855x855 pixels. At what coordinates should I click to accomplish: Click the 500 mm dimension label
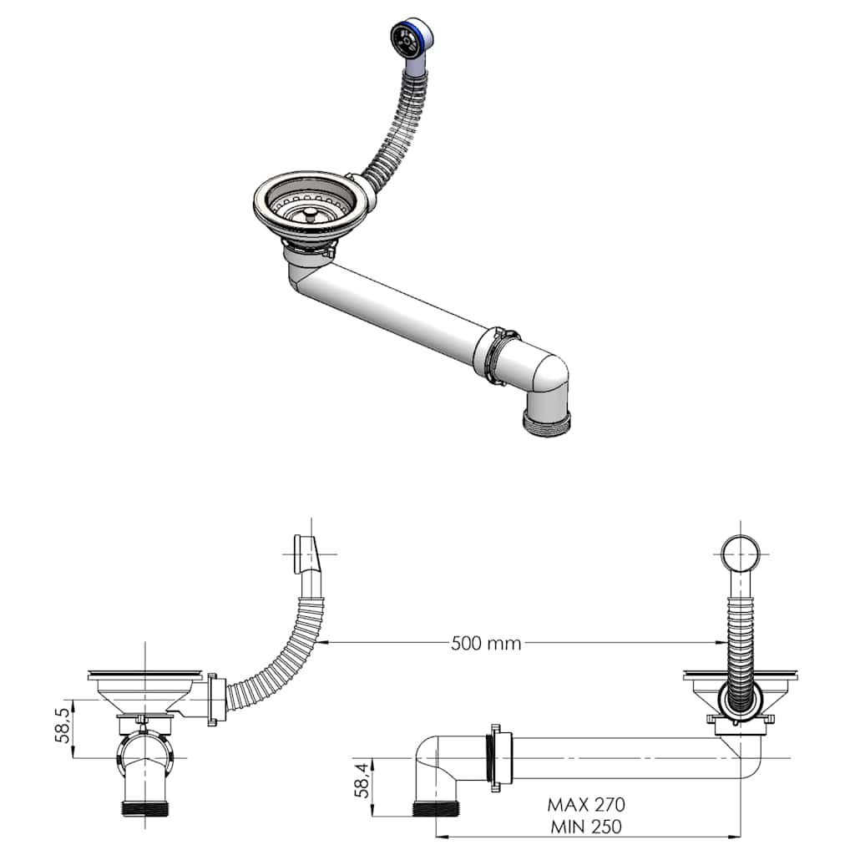coord(485,643)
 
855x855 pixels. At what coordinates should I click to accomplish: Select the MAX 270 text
coord(586,805)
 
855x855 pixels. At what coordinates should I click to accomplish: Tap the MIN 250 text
coord(586,827)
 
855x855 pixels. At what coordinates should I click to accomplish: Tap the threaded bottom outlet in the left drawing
coord(148,808)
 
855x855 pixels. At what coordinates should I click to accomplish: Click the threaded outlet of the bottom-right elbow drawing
coord(437,808)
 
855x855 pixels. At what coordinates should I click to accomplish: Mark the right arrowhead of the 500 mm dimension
coord(720,643)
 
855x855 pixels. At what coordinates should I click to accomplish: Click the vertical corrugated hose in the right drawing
coord(739,635)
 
